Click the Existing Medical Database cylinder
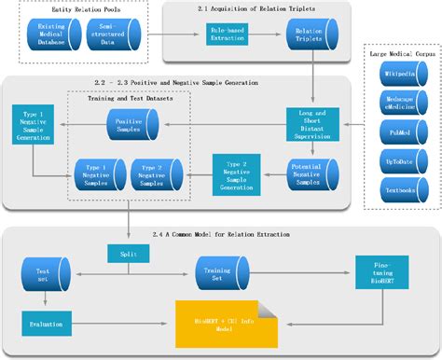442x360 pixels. [x=52, y=37]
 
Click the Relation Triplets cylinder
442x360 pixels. [x=311, y=37]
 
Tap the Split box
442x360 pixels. [x=127, y=254]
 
